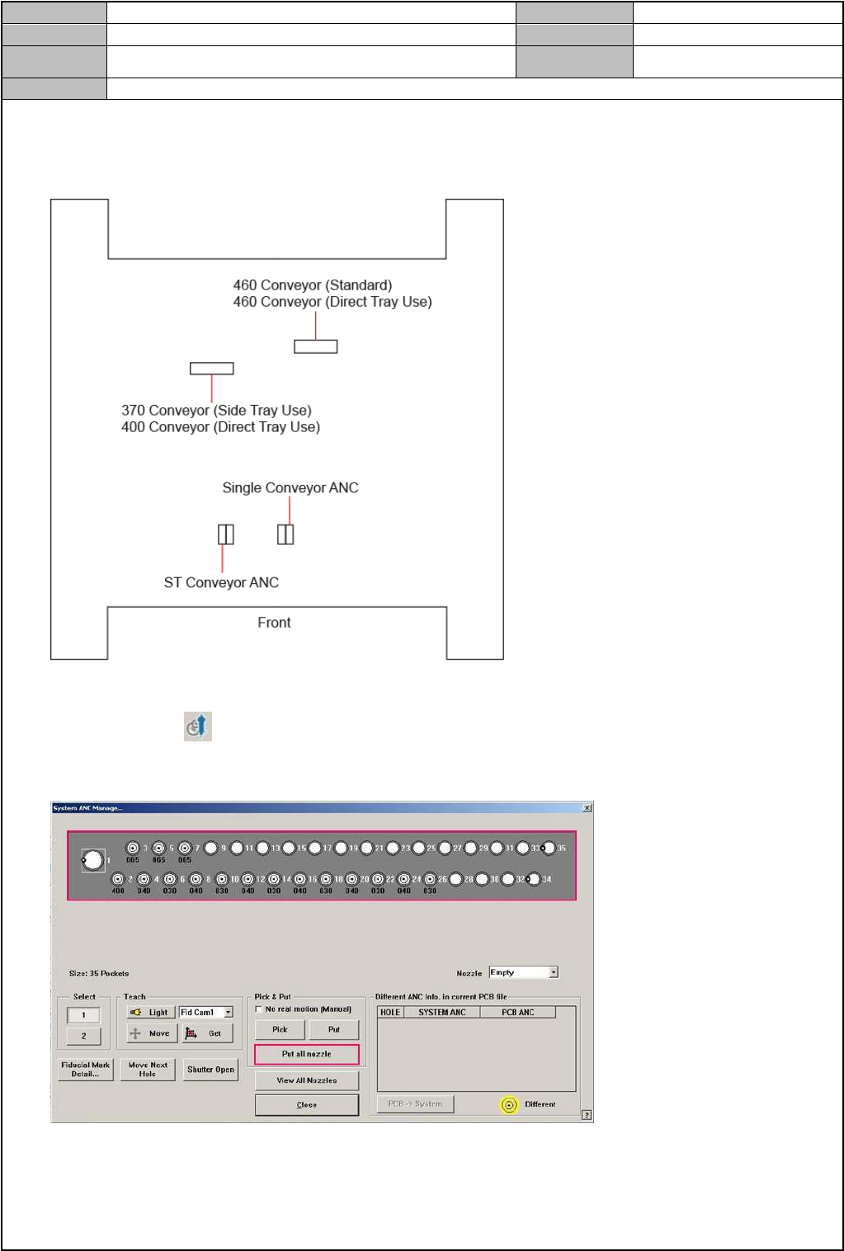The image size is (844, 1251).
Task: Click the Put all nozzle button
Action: click(307, 1054)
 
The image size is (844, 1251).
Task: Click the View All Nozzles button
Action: click(307, 1080)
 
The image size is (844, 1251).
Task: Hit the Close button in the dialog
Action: click(307, 1105)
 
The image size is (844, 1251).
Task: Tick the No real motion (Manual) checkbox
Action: click(259, 1009)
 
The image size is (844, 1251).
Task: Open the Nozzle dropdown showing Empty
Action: click(554, 972)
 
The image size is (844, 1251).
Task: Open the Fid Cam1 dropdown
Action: click(229, 1012)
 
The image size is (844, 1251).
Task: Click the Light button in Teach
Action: click(149, 1012)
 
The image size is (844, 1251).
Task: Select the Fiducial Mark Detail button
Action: click(85, 1070)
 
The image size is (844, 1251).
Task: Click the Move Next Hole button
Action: click(148, 1070)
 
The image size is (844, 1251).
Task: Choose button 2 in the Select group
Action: click(83, 1036)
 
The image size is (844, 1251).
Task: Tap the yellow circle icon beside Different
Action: click(509, 1105)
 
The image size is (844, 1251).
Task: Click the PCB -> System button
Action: click(415, 1104)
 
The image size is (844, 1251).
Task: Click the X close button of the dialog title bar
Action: click(587, 808)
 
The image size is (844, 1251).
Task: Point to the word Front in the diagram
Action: click(274, 623)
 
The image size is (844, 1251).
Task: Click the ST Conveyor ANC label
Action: click(221, 582)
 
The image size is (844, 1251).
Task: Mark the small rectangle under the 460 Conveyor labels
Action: click(315, 346)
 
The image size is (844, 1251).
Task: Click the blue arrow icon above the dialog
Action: click(198, 727)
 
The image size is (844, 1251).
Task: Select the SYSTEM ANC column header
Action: click(441, 1012)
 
